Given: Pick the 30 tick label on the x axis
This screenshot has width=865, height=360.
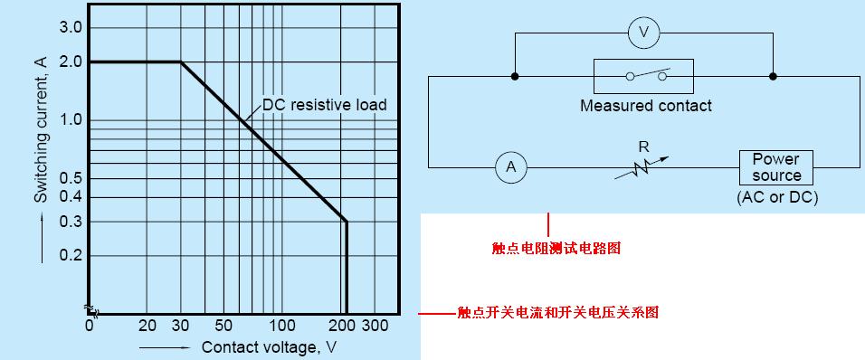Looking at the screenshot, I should (x=181, y=325).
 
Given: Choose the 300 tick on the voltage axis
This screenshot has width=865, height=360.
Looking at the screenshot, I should (x=374, y=325).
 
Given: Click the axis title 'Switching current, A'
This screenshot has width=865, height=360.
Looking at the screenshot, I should (x=42, y=139).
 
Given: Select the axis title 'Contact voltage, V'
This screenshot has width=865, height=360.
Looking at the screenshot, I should (x=268, y=346).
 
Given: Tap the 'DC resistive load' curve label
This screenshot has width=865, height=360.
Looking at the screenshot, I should (x=325, y=105).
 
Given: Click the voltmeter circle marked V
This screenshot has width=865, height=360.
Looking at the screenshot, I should (x=643, y=33).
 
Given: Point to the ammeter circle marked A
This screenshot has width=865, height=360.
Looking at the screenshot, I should (x=511, y=166).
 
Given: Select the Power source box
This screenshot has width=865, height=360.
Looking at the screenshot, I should (x=776, y=167).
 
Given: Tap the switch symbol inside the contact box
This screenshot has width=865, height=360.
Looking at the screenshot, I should (x=643, y=77).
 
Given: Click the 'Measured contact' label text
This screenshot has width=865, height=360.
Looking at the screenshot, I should (x=645, y=106).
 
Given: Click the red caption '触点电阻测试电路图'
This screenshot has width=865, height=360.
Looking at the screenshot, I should (x=550, y=246).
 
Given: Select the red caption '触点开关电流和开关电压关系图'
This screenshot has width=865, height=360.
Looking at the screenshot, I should (x=557, y=313).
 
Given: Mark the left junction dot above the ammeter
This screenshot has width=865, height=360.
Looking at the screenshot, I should (x=515, y=77).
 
